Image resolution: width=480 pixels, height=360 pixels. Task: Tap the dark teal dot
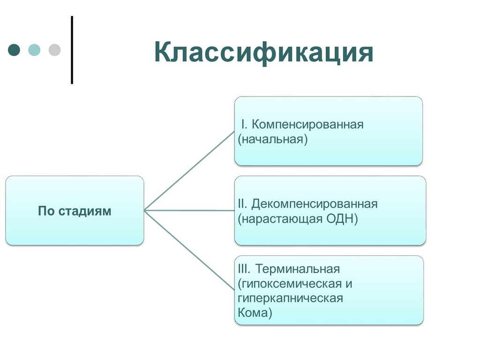(15, 50)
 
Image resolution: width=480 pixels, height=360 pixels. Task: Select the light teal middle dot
(35, 50)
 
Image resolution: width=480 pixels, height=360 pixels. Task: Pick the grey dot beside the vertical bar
(55, 50)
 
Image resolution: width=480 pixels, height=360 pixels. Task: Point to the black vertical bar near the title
(72, 50)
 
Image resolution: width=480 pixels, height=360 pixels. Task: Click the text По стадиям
(75, 211)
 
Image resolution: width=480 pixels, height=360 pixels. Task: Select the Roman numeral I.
(243, 125)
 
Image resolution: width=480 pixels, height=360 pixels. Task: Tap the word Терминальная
(298, 270)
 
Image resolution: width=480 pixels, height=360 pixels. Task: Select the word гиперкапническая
(290, 298)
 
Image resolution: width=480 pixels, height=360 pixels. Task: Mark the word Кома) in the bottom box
(255, 313)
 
